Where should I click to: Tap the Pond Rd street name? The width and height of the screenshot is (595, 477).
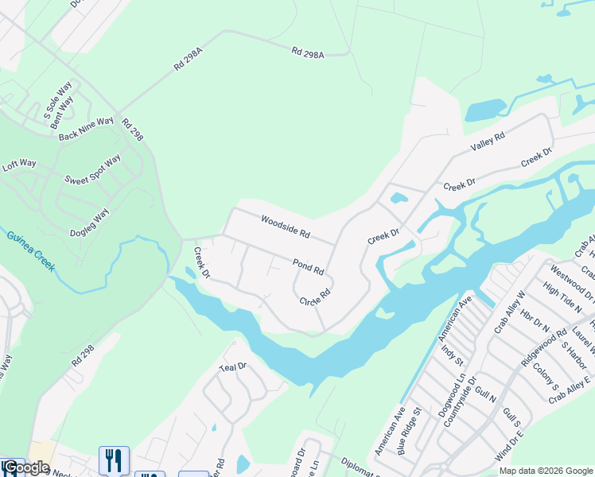point(308,266)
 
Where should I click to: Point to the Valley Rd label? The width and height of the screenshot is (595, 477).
point(488,142)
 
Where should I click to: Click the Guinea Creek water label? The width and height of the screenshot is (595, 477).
point(31,251)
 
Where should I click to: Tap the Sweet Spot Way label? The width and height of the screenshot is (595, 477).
point(92,169)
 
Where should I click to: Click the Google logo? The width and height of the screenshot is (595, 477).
point(26,467)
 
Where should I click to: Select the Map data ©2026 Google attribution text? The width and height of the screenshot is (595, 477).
point(546,471)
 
